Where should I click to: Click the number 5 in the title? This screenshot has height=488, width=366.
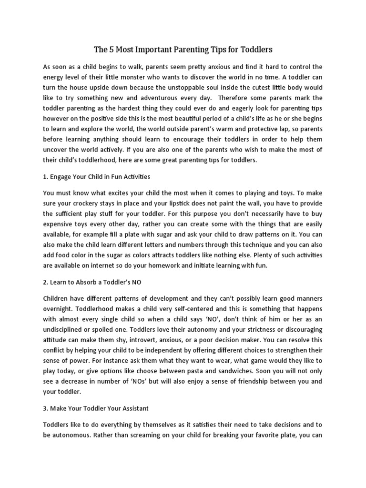[112, 49]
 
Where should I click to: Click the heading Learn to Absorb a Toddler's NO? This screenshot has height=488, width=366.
[92, 282]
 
